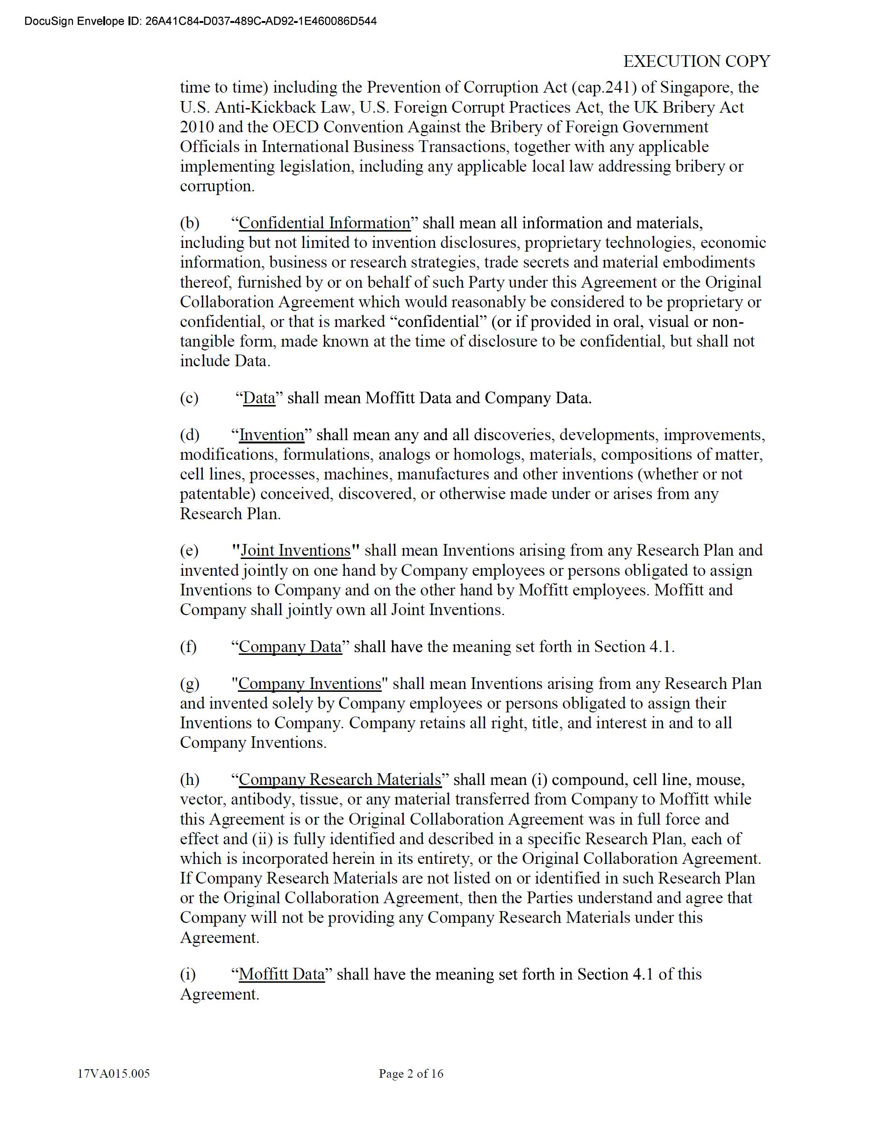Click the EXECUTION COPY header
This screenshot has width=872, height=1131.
tap(696, 61)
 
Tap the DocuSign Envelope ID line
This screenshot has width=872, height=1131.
tap(200, 21)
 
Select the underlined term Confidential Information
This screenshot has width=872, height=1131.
tap(324, 223)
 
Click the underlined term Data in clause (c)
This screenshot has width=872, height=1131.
tap(259, 398)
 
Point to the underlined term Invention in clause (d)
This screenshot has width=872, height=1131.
tap(272, 435)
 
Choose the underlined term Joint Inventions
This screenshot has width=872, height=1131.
tap(295, 550)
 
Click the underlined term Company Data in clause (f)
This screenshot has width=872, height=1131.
tap(290, 646)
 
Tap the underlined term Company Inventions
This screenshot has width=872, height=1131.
tap(309, 683)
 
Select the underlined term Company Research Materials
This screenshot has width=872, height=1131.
tap(340, 779)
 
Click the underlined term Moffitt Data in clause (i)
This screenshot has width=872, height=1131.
tap(281, 974)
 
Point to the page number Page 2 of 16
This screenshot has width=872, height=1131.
tap(411, 1073)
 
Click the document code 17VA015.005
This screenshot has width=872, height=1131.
tap(114, 1073)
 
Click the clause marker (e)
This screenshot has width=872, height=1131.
tap(189, 551)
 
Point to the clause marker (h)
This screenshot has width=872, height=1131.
tap(189, 780)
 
